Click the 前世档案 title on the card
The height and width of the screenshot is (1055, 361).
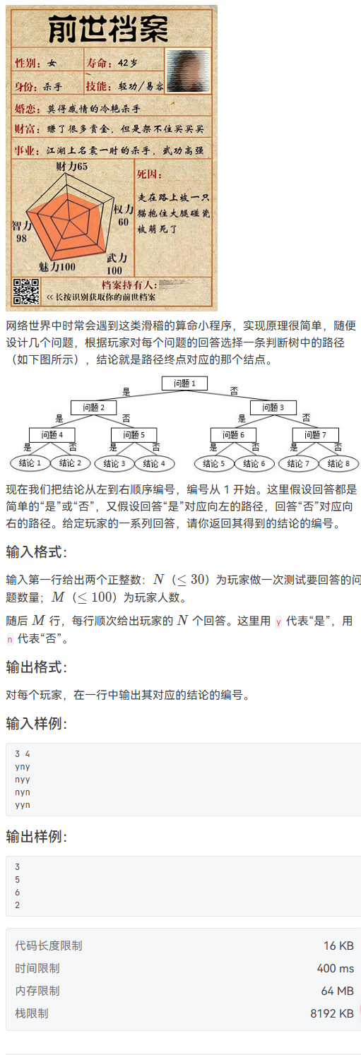click(108, 29)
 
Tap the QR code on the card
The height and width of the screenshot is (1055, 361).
click(26, 292)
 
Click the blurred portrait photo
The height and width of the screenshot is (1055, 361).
click(188, 70)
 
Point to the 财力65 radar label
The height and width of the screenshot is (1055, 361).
click(71, 166)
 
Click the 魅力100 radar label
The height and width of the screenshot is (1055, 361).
click(57, 267)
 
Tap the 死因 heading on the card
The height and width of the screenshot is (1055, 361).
click(149, 174)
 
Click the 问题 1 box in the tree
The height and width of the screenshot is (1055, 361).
click(185, 383)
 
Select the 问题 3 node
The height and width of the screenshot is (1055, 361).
click(273, 407)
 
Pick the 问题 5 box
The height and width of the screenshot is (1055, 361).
click(134, 435)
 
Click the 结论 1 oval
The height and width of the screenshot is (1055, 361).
click(30, 463)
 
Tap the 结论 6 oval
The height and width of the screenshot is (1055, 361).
click(254, 464)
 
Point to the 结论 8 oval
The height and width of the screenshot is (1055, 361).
click(338, 464)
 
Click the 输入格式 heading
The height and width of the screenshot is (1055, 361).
click(36, 552)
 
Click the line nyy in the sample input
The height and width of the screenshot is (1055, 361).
click(22, 780)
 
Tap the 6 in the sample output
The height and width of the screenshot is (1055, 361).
click(18, 892)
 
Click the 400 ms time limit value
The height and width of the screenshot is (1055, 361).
click(335, 968)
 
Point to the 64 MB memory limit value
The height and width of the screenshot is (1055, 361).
click(338, 991)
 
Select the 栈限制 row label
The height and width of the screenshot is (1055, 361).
click(32, 1013)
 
